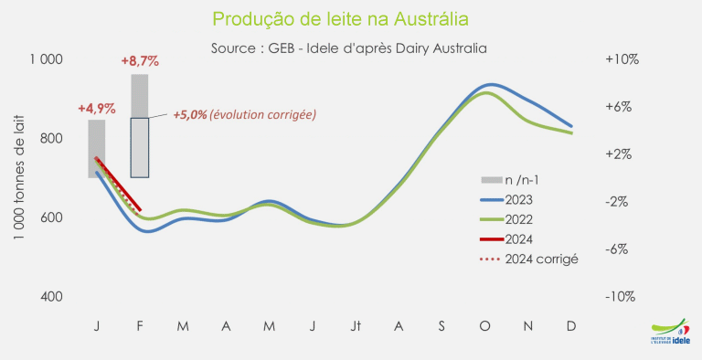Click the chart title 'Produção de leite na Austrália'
[341, 19]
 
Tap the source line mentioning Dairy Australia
[349, 48]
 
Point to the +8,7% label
[140, 61]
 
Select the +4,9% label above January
[97, 109]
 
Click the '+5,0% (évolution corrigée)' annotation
[245, 115]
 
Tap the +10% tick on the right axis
[622, 59]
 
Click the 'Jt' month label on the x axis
[355, 326]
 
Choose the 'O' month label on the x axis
[484, 326]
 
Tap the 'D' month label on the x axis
[571, 326]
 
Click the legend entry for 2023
[506, 200]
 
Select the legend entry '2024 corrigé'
[529, 259]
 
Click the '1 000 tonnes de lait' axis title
[19, 177]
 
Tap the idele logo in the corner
[670, 333]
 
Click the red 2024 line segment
[118, 184]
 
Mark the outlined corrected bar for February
[140, 147]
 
